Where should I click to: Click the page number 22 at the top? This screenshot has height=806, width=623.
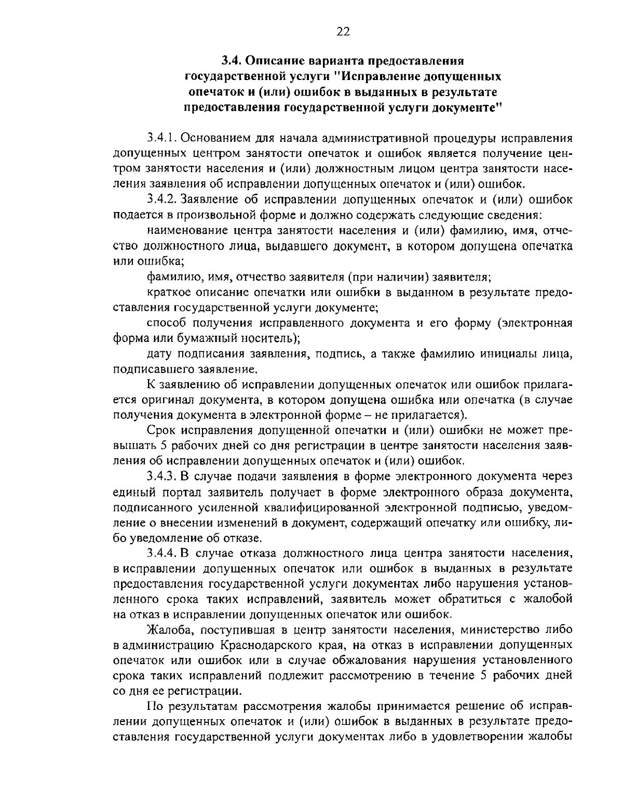coord(343,32)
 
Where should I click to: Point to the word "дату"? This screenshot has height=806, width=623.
coord(160,354)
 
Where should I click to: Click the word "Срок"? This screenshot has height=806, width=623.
coord(159,431)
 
